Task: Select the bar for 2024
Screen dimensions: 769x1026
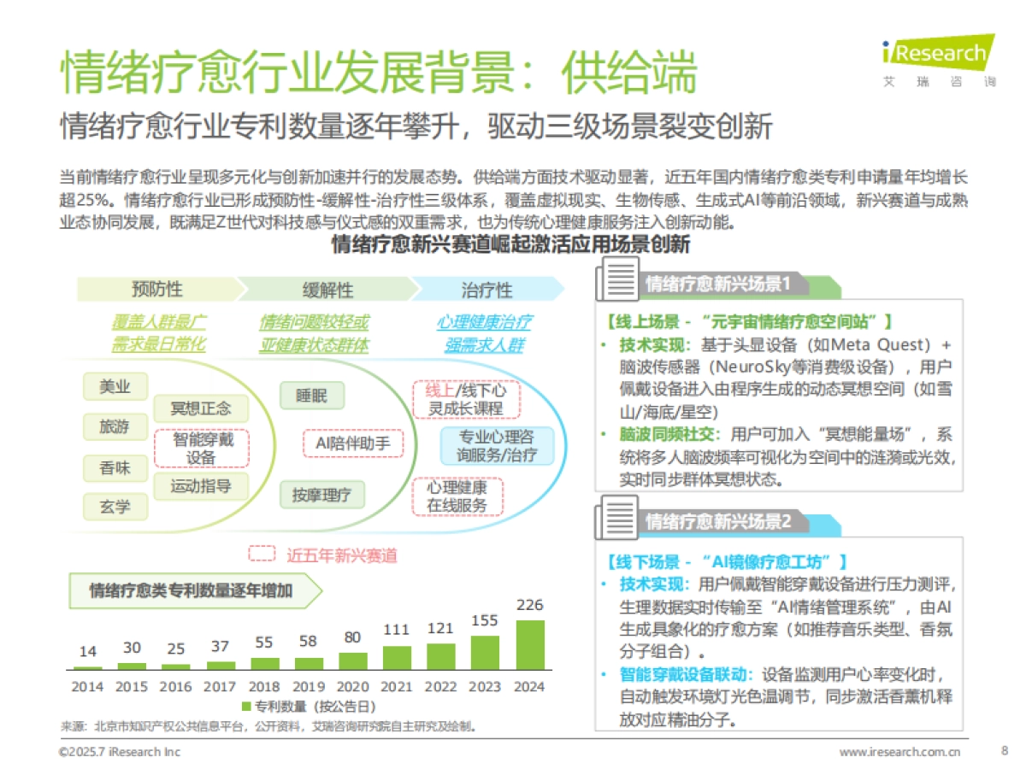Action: pyautogui.click(x=530, y=643)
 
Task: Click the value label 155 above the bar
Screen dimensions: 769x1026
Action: pyautogui.click(x=484, y=620)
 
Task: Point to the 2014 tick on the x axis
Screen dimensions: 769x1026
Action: pyautogui.click(x=87, y=686)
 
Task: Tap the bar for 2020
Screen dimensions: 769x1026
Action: pyautogui.click(x=353, y=660)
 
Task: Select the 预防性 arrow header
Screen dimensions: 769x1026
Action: pyautogui.click(x=156, y=290)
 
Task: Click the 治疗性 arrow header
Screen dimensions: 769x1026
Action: pyautogui.click(x=486, y=290)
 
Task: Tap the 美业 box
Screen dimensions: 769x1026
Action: pyautogui.click(x=115, y=387)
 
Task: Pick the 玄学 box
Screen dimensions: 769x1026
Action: pyautogui.click(x=115, y=507)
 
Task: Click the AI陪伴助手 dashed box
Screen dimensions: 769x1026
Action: pyautogui.click(x=353, y=443)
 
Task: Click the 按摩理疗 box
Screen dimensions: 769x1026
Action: pyautogui.click(x=321, y=495)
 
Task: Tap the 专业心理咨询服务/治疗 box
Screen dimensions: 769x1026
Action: pyautogui.click(x=497, y=446)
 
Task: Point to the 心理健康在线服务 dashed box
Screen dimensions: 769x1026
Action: pyautogui.click(x=457, y=496)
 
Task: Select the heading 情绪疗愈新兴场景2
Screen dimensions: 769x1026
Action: pyautogui.click(x=718, y=521)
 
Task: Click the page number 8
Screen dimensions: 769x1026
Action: pyautogui.click(x=1004, y=751)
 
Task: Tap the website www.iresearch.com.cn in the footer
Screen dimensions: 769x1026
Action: pyautogui.click(x=899, y=752)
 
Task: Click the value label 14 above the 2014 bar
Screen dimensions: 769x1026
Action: pyautogui.click(x=87, y=652)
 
